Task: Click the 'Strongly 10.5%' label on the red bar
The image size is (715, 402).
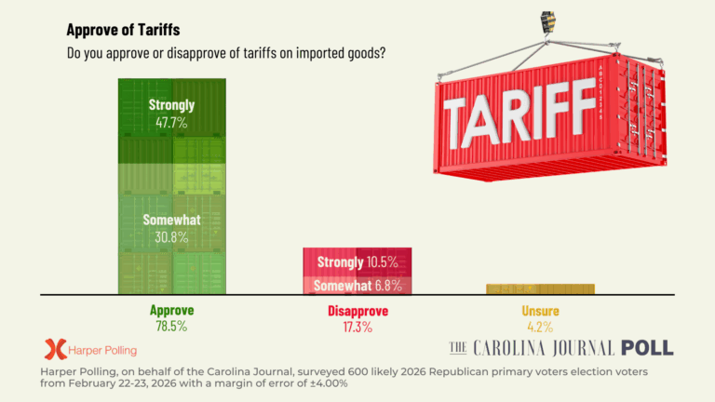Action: (357, 262)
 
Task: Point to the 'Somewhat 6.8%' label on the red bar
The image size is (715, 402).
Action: (357, 285)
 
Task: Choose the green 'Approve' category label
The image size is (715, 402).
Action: (171, 311)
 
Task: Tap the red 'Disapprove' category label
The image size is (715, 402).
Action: (357, 311)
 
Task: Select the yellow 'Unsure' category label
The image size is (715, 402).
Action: (540, 311)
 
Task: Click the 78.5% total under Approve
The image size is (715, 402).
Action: (171, 327)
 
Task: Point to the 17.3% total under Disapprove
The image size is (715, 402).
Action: (357, 327)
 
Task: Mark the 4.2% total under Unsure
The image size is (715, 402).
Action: (540, 327)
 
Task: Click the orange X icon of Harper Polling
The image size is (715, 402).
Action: (55, 350)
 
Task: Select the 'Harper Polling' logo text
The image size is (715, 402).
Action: (102, 351)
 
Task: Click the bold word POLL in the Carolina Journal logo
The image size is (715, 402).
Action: (647, 348)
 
